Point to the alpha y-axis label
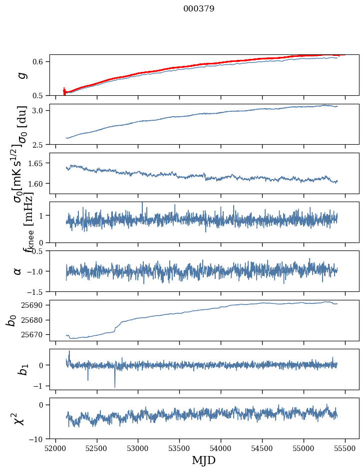pyautogui.click(x=18, y=271)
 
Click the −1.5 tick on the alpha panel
pyautogui.click(x=38, y=291)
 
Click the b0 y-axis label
pyautogui.click(x=11, y=320)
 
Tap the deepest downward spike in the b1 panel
pyautogui.click(x=115, y=387)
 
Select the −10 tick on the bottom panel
pyautogui.click(x=39, y=439)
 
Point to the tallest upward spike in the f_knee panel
pyautogui.click(x=142, y=203)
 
